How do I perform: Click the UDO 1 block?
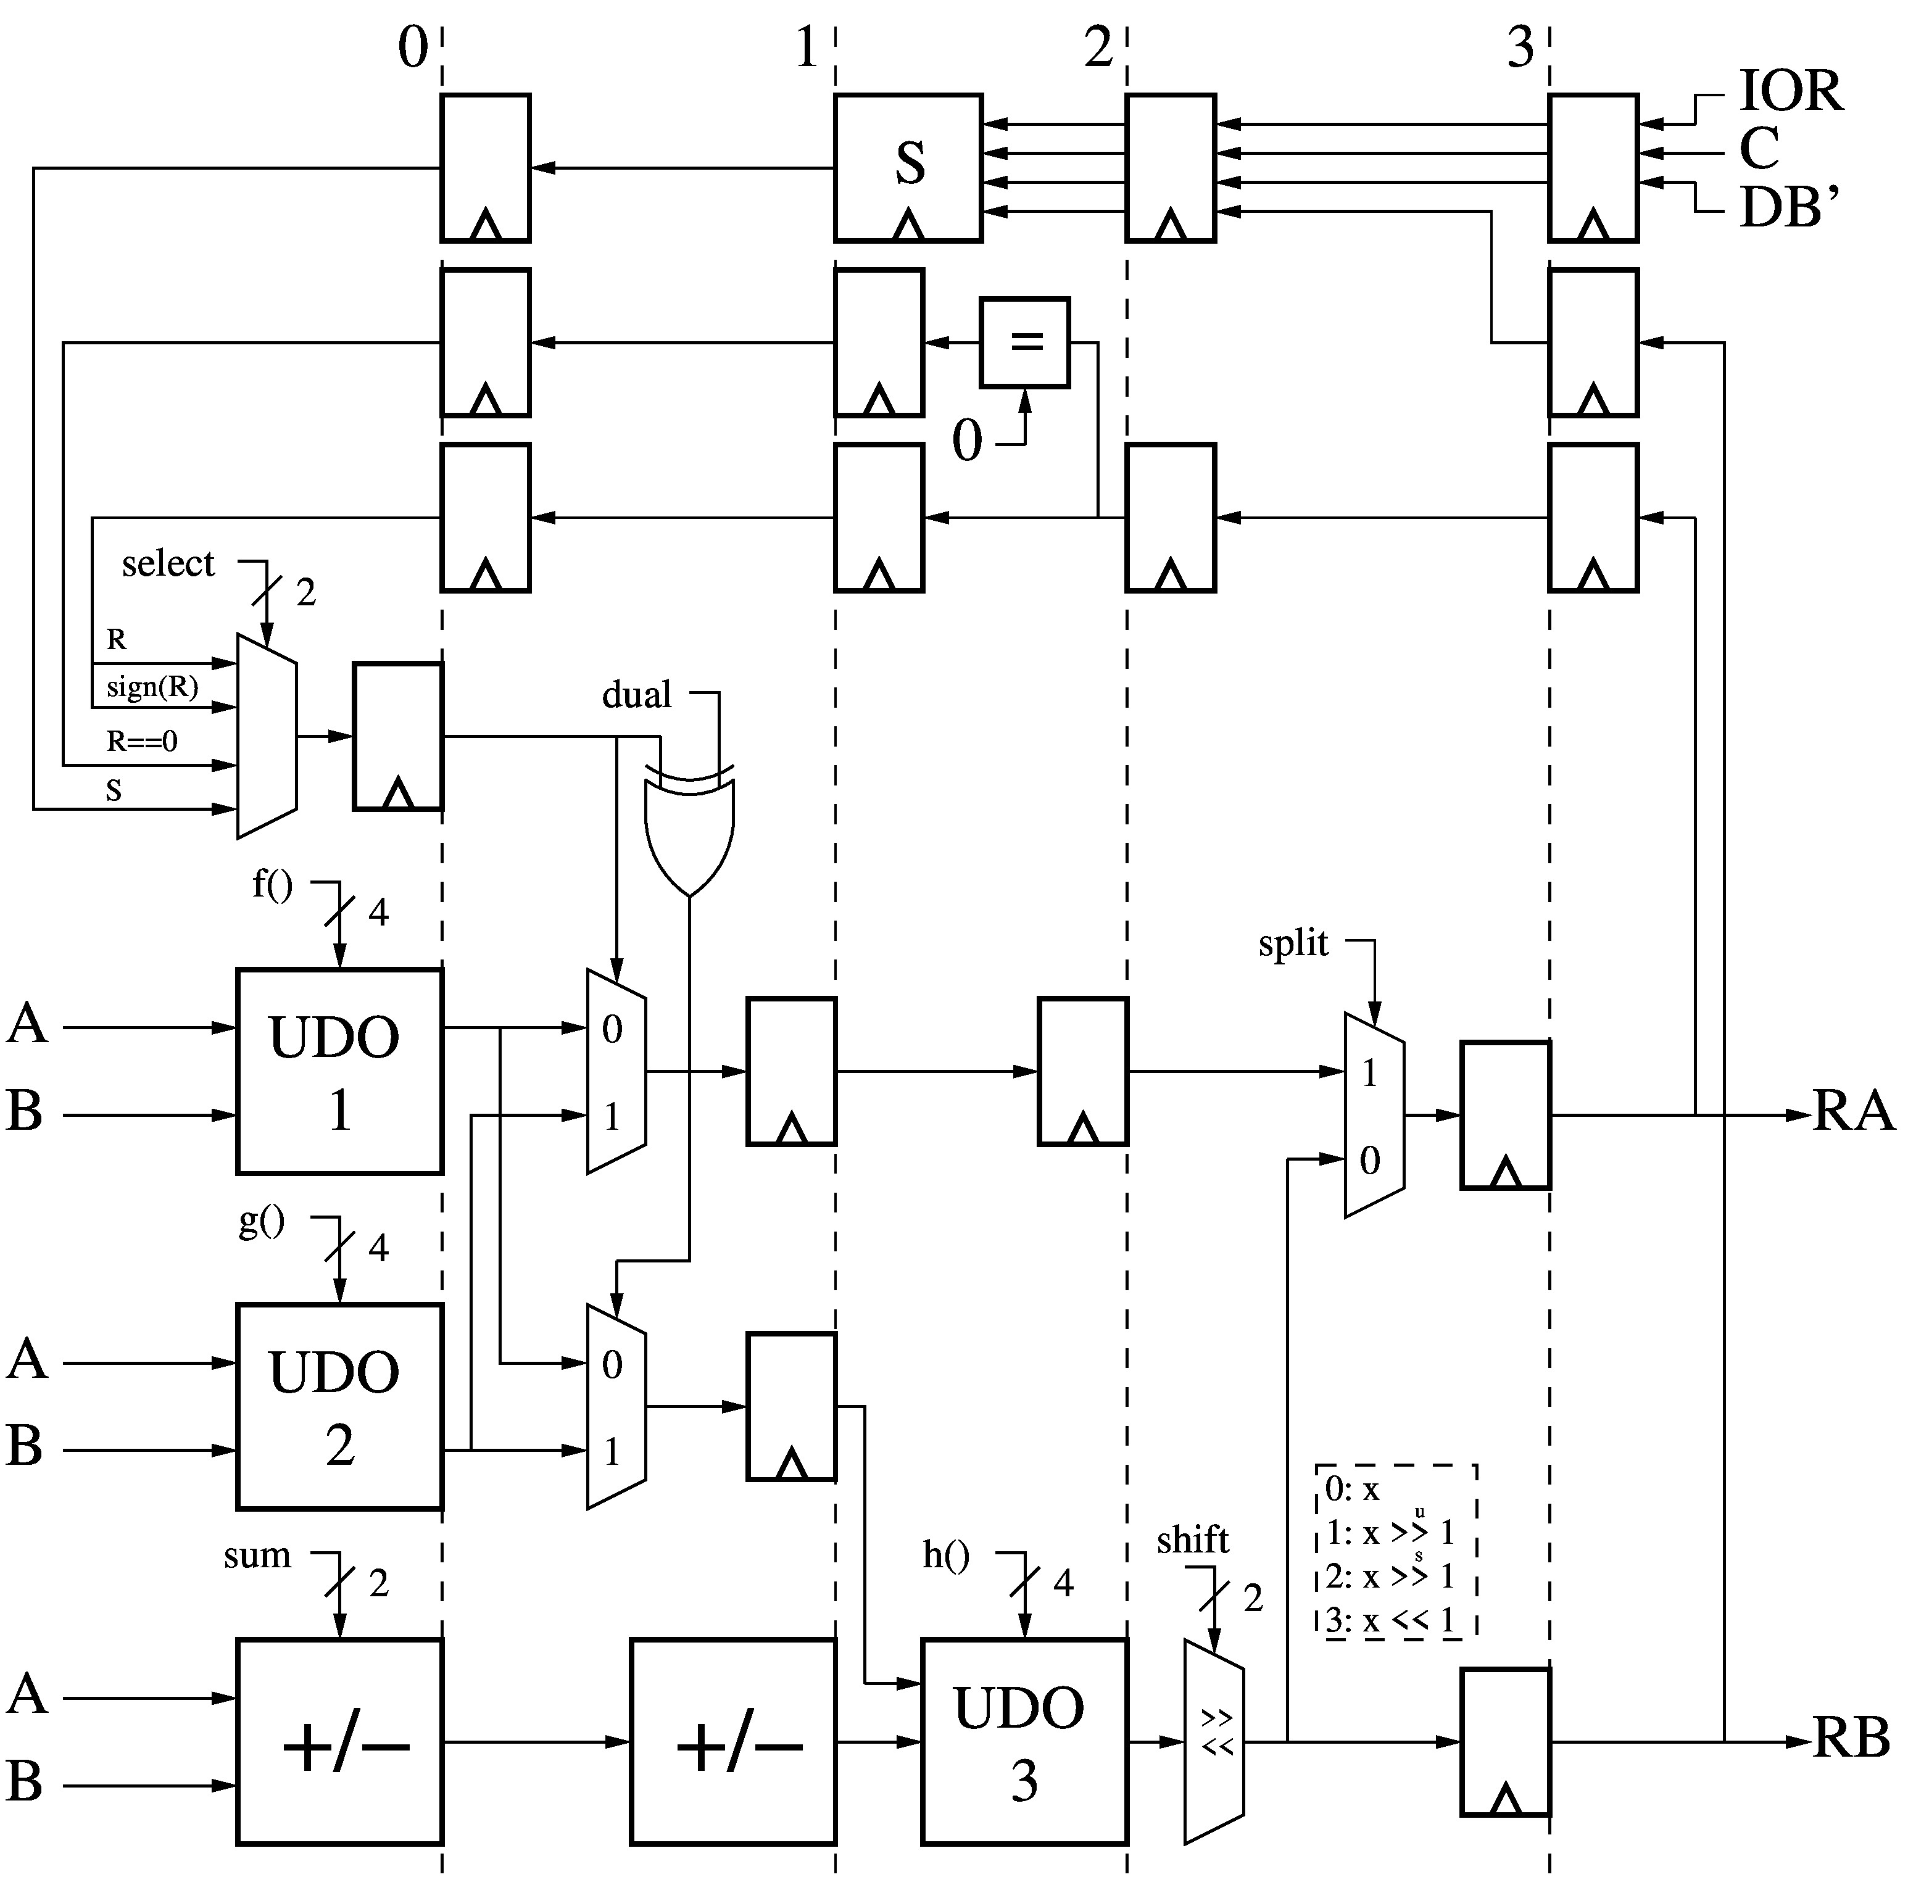(x=339, y=1072)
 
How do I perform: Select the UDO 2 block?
(x=339, y=1407)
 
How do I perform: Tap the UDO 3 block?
(x=1024, y=1742)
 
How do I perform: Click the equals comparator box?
(x=1024, y=342)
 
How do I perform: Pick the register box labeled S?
(x=908, y=168)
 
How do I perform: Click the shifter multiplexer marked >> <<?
(x=1214, y=1742)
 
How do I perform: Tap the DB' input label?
(x=1789, y=208)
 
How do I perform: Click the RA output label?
(x=1854, y=1112)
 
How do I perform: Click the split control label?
(x=1293, y=943)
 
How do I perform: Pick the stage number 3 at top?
(x=1520, y=48)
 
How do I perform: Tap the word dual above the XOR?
(x=636, y=694)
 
